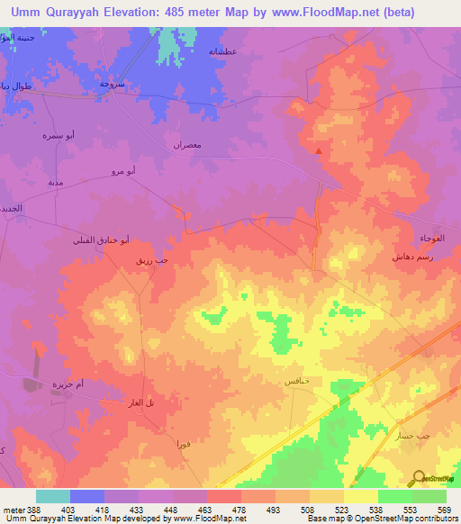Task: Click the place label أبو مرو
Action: [x=123, y=170]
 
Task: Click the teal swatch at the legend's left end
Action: [x=53, y=496]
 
